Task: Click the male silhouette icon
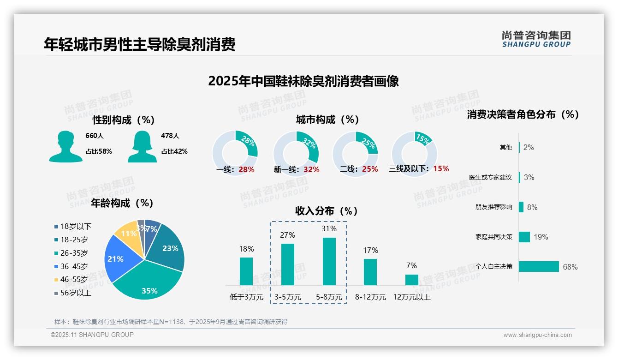click(65, 146)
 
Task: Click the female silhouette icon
click(142, 146)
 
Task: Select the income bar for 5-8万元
click(329, 261)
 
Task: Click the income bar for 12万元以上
click(411, 280)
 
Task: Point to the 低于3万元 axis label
click(246, 297)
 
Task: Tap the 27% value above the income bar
click(287, 235)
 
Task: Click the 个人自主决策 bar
click(539, 267)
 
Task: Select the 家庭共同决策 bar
click(524, 237)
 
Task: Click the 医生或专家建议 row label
click(490, 177)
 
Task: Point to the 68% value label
click(570, 267)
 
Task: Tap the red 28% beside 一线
click(246, 169)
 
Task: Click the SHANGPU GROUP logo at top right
click(536, 39)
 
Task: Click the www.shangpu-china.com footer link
click(537, 335)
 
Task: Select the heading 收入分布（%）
click(327, 211)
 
